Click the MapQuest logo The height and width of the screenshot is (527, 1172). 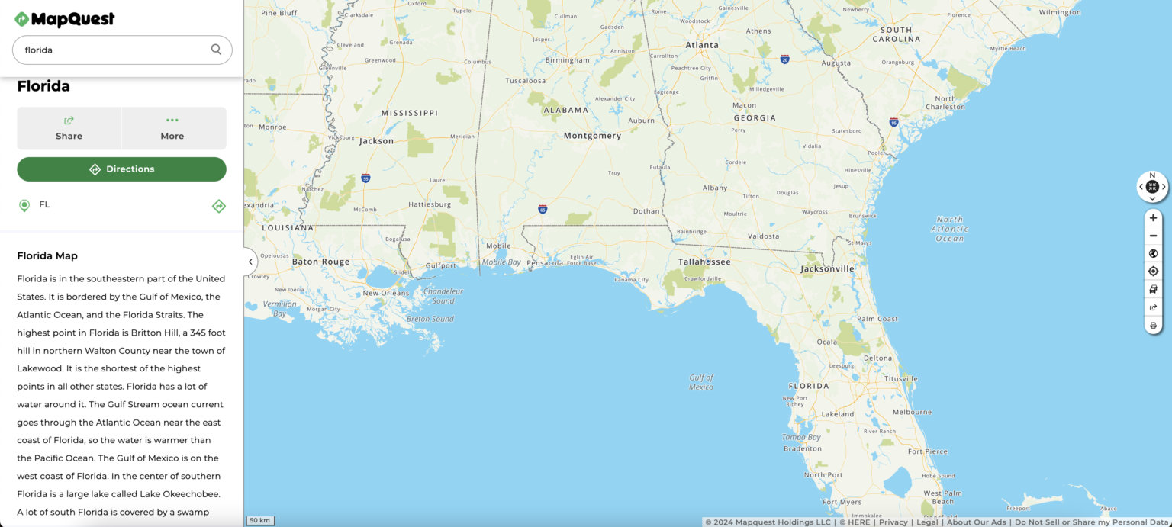pyautogui.click(x=65, y=19)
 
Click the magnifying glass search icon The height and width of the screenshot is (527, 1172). pyautogui.click(x=216, y=50)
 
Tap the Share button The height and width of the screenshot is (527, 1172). pyautogui.click(x=69, y=128)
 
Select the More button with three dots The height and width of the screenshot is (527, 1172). pyautogui.click(x=172, y=128)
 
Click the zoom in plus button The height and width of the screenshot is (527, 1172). pyautogui.click(x=1153, y=218)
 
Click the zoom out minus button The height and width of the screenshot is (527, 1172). pyautogui.click(x=1153, y=236)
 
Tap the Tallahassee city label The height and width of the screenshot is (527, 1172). pyautogui.click(x=704, y=262)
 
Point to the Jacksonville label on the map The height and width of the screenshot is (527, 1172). pyautogui.click(x=827, y=268)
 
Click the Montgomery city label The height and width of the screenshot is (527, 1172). pyautogui.click(x=592, y=136)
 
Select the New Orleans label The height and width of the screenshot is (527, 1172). pyautogui.click(x=386, y=293)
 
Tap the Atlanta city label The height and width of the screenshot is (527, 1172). pyautogui.click(x=702, y=45)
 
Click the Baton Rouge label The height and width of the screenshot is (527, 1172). pyautogui.click(x=320, y=262)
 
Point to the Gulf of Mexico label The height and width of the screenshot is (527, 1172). pyautogui.click(x=700, y=382)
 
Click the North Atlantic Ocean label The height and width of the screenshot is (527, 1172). pyautogui.click(x=950, y=229)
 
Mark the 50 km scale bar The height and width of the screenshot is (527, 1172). pyautogui.click(x=259, y=520)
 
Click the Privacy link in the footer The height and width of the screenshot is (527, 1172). pyautogui.click(x=893, y=522)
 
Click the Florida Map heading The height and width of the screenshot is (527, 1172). pyautogui.click(x=47, y=255)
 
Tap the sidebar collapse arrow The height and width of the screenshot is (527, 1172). pyautogui.click(x=250, y=262)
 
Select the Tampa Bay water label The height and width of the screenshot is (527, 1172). pyautogui.click(x=800, y=438)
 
